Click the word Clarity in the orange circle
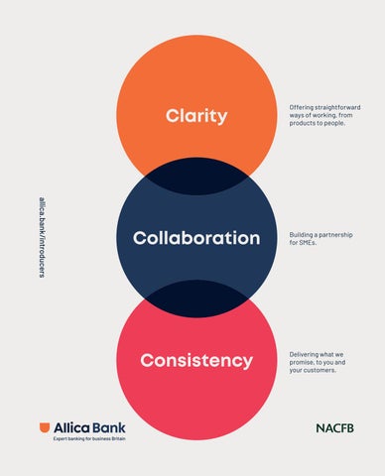196,116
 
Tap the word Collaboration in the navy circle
196,238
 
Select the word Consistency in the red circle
196,360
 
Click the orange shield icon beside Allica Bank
45,427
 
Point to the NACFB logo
335,428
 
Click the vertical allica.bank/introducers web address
42,237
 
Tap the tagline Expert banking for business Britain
89,438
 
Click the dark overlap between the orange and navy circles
196,177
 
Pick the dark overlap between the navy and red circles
196,298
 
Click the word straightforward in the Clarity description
337,107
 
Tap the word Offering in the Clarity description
301,107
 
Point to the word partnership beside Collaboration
336,235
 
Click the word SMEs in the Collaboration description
308,243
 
